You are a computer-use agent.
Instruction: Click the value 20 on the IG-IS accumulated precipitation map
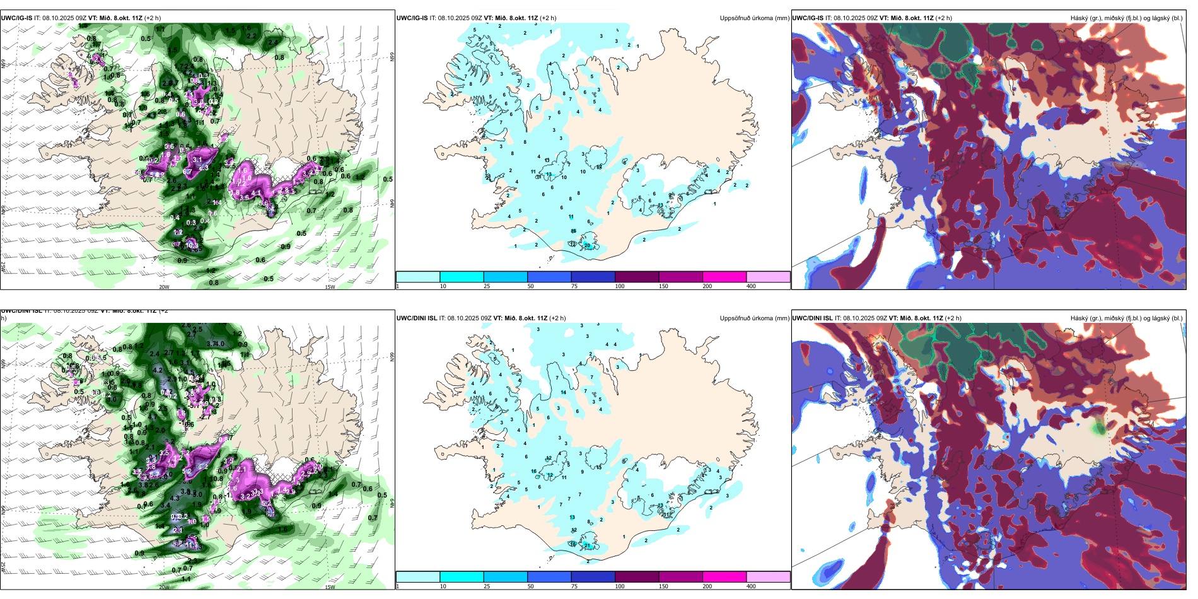click(587, 245)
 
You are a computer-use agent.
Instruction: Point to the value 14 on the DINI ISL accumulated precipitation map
click(563, 392)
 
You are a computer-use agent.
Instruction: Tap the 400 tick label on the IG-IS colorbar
click(751, 286)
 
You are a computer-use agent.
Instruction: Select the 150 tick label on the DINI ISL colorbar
click(663, 586)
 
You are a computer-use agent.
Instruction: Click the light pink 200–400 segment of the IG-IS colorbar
click(768, 277)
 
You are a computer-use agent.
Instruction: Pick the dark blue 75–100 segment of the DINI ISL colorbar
click(593, 577)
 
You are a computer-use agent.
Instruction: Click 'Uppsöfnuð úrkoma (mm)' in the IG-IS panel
click(754, 18)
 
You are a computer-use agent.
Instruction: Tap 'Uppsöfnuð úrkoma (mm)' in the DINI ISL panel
click(754, 318)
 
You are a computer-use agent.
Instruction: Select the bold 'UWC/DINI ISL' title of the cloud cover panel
click(812, 318)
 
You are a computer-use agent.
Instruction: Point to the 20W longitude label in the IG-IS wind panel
click(164, 287)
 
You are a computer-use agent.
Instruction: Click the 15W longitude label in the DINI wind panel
click(330, 587)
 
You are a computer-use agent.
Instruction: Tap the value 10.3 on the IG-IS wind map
click(192, 246)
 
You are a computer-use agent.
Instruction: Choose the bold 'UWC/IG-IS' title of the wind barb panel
click(16, 18)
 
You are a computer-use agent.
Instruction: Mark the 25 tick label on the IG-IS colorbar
click(487, 286)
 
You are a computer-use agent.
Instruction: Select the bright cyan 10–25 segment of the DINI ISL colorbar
click(462, 577)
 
